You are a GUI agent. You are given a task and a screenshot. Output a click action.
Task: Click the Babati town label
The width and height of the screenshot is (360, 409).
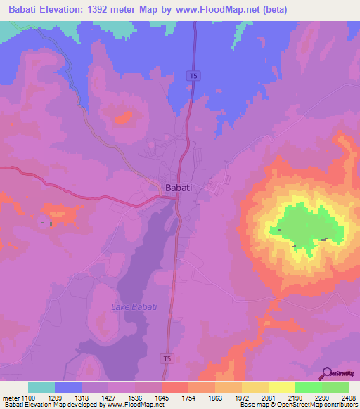point(179,188)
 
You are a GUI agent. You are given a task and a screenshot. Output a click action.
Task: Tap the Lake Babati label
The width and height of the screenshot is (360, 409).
point(134,307)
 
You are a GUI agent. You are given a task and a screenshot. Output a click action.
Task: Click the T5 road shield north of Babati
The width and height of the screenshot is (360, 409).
point(191,76)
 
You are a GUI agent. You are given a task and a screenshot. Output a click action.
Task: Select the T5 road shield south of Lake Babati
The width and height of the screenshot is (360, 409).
point(167,358)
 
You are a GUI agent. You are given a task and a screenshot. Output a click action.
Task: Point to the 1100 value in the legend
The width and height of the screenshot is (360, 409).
point(29,397)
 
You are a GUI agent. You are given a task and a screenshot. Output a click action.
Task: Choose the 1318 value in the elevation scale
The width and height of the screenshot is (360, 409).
point(81,397)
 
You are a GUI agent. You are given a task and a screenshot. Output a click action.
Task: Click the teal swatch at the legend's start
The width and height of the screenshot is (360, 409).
point(41,387)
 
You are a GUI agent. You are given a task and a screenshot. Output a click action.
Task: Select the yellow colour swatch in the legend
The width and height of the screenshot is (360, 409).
point(281,387)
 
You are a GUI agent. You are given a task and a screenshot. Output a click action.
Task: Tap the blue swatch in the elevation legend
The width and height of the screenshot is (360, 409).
point(68,387)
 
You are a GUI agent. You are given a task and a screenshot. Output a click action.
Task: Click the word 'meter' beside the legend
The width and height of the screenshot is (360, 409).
point(10,397)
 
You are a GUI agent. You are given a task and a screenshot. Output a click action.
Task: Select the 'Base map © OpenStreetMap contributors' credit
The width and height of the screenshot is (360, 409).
point(297,405)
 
